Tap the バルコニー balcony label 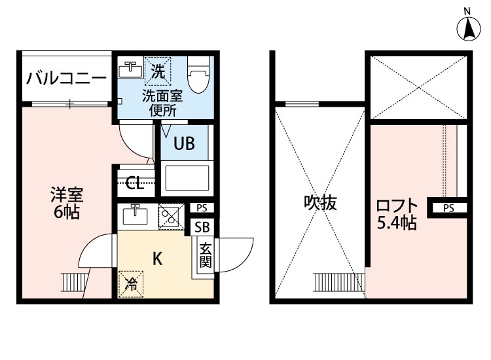(66, 79)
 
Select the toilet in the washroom (197, 75)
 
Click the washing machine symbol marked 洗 (158, 71)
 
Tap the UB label (184, 144)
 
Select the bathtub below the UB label (186, 178)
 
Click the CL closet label (136, 183)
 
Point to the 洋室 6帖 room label (67, 204)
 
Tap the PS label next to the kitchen (202, 209)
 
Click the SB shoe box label (202, 227)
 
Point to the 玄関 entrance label (205, 255)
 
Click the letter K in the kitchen (157, 259)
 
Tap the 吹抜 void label (320, 203)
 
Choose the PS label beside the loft (448, 209)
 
